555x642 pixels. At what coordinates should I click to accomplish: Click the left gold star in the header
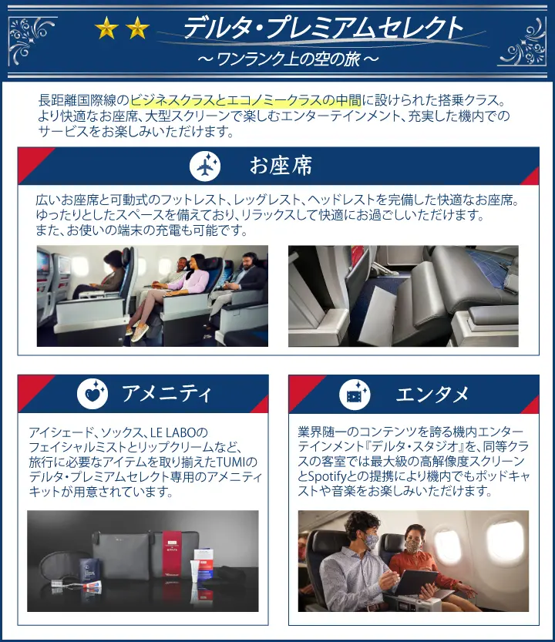tap(106, 28)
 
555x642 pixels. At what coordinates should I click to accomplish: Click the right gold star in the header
tap(137, 28)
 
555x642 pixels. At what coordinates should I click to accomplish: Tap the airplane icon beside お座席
tap(205, 166)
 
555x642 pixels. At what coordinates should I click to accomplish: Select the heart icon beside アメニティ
tap(92, 394)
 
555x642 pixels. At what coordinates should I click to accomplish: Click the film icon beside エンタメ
tap(355, 395)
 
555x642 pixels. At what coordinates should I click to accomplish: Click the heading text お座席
tap(281, 166)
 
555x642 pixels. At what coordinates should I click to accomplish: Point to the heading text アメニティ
tap(166, 394)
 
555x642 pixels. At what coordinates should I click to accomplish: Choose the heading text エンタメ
tap(432, 395)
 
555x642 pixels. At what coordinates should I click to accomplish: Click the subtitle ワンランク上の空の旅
tap(288, 59)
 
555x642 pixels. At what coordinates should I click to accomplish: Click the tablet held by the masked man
tap(415, 581)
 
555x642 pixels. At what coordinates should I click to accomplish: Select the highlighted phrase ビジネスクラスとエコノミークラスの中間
tap(246, 101)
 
